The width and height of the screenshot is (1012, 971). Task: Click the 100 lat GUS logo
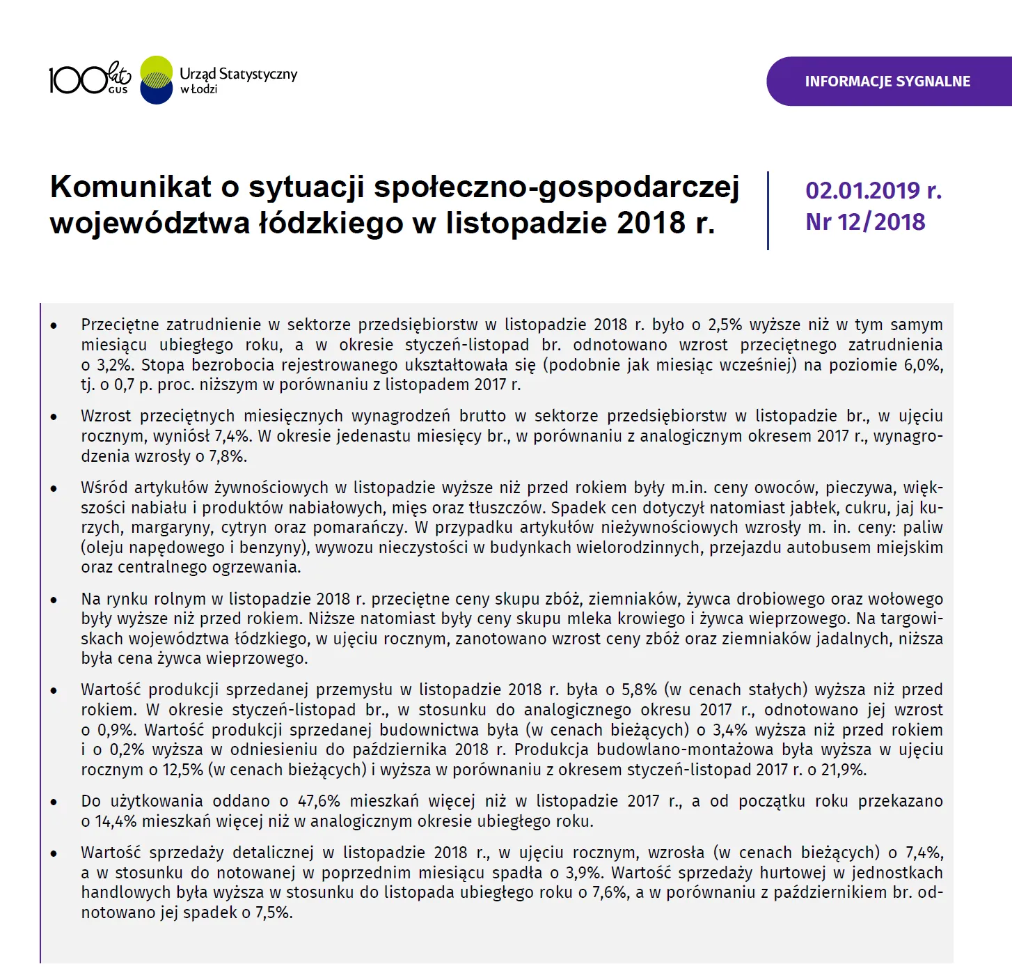click(89, 79)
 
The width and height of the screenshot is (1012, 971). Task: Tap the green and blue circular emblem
click(157, 80)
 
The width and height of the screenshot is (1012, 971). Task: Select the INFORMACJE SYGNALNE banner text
click(887, 81)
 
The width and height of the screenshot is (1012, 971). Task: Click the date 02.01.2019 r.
click(873, 190)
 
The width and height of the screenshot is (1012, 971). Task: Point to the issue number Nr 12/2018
click(865, 222)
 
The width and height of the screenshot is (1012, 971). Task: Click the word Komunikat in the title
click(130, 187)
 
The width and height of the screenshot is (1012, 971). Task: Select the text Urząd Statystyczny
click(238, 74)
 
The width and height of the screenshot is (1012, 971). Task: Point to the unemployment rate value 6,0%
click(923, 365)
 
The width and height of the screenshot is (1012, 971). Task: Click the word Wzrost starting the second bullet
click(106, 416)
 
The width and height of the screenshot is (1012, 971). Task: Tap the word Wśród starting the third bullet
click(103, 488)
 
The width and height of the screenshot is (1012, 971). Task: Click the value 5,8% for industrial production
click(639, 690)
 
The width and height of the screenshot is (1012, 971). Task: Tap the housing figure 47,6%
click(319, 801)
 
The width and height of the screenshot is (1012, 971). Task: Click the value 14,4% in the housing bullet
click(116, 821)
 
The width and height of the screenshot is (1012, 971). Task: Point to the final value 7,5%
click(274, 912)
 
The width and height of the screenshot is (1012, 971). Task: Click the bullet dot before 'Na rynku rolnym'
click(54, 600)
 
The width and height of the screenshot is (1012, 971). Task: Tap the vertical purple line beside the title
click(768, 210)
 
